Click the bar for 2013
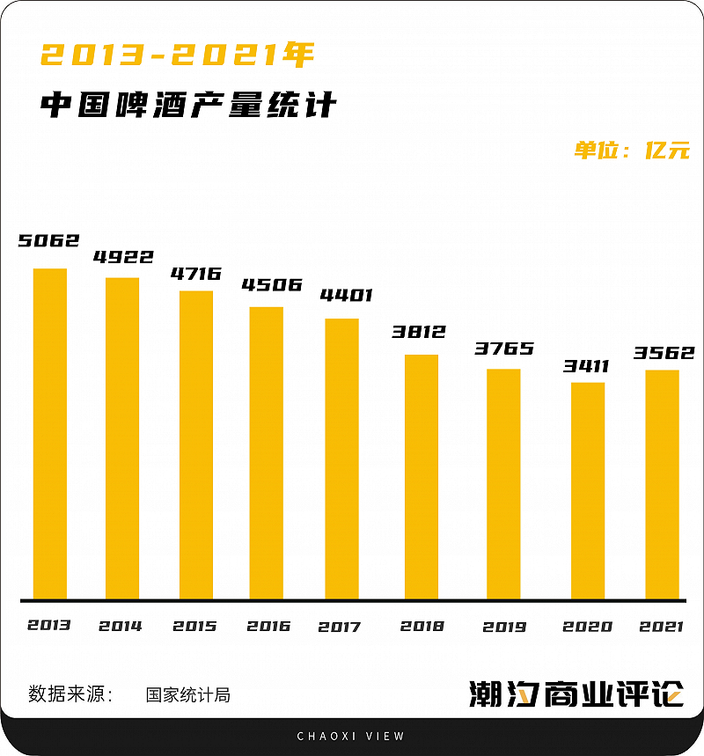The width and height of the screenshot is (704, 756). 50,434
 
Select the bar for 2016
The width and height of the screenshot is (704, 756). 267,453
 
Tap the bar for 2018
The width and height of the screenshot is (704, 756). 422,477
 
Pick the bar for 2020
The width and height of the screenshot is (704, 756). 588,491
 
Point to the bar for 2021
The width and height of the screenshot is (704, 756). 662,485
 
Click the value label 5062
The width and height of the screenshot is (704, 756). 49,240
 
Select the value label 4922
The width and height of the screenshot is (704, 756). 123,258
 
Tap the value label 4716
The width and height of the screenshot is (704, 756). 195,274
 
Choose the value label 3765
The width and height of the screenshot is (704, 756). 504,349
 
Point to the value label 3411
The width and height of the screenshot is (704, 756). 587,365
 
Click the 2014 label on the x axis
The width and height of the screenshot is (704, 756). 121,627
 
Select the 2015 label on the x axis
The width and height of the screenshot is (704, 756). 194,627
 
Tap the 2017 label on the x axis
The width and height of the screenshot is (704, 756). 340,627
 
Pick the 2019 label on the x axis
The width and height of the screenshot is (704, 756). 504,627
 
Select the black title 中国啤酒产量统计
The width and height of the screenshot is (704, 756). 188,106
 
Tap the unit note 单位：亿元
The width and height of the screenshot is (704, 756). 632,150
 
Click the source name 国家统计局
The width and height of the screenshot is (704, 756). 188,694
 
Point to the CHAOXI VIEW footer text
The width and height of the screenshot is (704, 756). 351,736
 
